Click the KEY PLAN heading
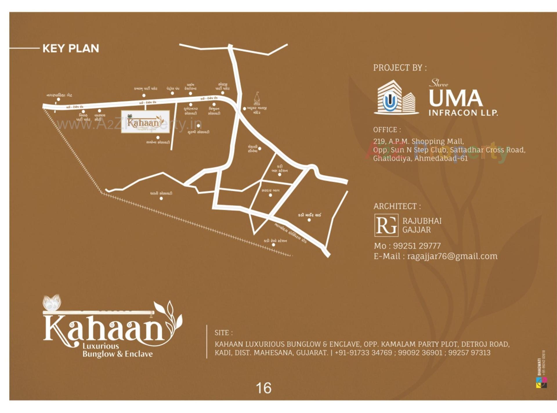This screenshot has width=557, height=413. point(70,48)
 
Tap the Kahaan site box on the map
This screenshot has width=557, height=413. point(145,122)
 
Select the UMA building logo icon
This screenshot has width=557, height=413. point(396,98)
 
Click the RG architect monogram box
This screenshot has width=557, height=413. point(386,225)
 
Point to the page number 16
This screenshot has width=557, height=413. point(263,388)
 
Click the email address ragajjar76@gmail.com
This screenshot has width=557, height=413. point(452,256)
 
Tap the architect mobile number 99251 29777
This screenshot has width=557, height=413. point(417,246)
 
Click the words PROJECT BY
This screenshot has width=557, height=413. point(400,68)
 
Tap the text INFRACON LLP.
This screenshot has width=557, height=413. point(463,113)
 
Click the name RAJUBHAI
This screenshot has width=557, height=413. point(422,221)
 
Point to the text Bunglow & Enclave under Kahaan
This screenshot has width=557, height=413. point(117,354)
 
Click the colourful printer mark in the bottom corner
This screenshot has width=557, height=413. point(541,383)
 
